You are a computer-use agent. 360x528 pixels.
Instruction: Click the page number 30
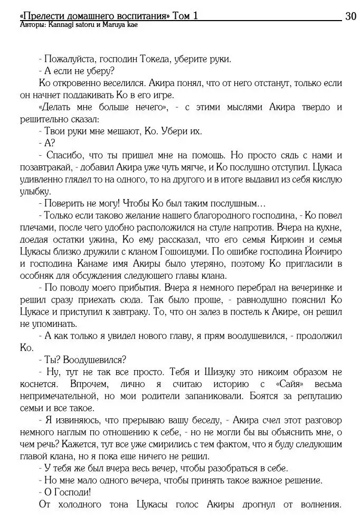(350, 16)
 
